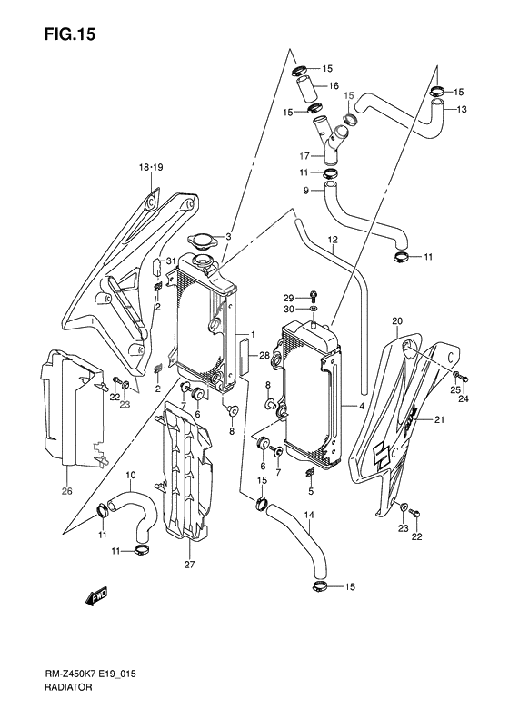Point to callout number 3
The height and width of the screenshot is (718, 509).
(x=229, y=237)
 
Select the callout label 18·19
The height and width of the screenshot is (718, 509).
(x=150, y=168)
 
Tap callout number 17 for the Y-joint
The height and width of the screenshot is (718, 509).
(x=305, y=155)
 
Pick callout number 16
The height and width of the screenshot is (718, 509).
(x=334, y=86)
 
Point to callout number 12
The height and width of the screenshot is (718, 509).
(x=334, y=241)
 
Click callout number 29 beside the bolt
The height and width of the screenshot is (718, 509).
(x=288, y=298)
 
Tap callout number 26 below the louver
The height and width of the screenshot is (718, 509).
(x=66, y=493)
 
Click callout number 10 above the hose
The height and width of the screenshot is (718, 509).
(x=131, y=475)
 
